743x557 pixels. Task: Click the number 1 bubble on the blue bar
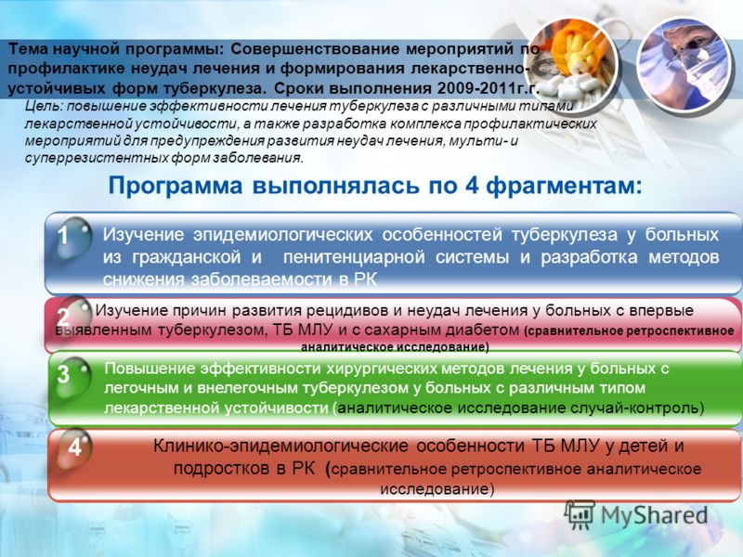point(72,237)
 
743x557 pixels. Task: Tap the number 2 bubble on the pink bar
point(72,314)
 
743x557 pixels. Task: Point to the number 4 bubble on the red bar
point(74,448)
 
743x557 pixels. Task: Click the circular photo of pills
point(571,64)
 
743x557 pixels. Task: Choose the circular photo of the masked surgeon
point(685,64)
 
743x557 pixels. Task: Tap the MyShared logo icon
point(580,515)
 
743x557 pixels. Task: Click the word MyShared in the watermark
point(655,515)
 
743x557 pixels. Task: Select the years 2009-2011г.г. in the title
point(489,88)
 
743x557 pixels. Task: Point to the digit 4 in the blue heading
point(472,185)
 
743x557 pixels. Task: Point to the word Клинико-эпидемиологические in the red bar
point(280,447)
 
